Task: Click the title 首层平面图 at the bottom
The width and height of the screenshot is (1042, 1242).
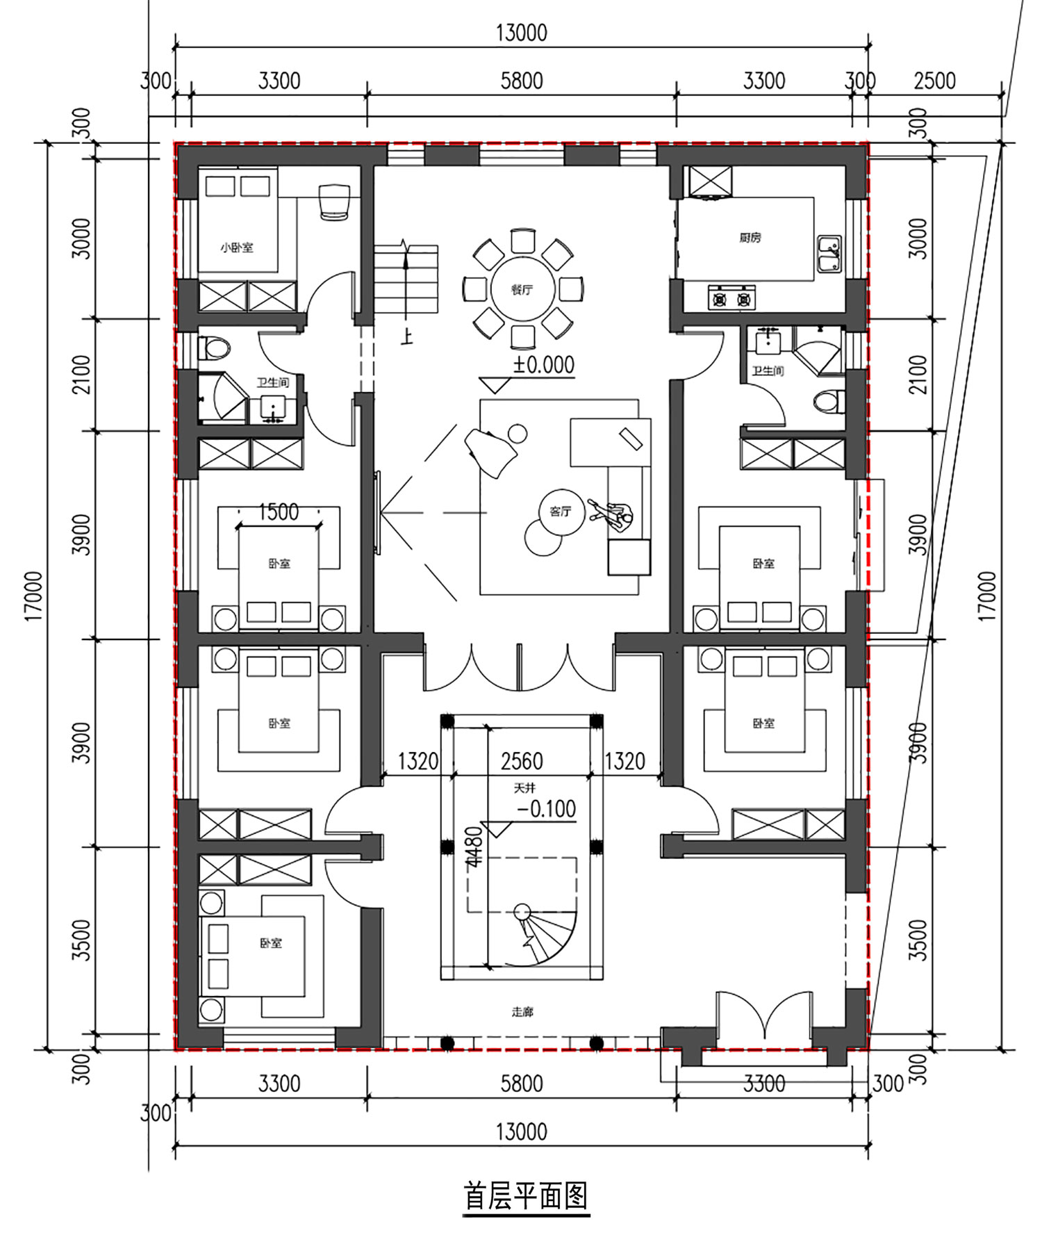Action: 526,1196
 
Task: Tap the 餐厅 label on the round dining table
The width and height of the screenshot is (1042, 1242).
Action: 522,290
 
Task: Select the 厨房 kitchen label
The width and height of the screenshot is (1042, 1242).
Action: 750,238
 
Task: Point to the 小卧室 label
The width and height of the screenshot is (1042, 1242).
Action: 237,247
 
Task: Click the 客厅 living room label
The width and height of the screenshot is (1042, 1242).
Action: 560,512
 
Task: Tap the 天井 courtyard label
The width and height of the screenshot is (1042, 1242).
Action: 524,788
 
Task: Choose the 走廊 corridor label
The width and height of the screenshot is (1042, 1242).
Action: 522,1012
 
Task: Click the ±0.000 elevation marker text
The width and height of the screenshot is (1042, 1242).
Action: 544,365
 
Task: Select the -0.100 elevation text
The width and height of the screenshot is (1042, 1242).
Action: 547,809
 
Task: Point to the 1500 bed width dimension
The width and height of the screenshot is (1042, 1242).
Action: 279,512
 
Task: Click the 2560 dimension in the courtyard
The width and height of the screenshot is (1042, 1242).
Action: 522,762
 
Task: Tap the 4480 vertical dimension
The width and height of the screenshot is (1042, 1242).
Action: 474,847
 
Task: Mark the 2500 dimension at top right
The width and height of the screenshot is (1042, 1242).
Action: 934,81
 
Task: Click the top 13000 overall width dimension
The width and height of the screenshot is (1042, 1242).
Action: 521,33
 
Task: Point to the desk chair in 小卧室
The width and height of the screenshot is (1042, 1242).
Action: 334,202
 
